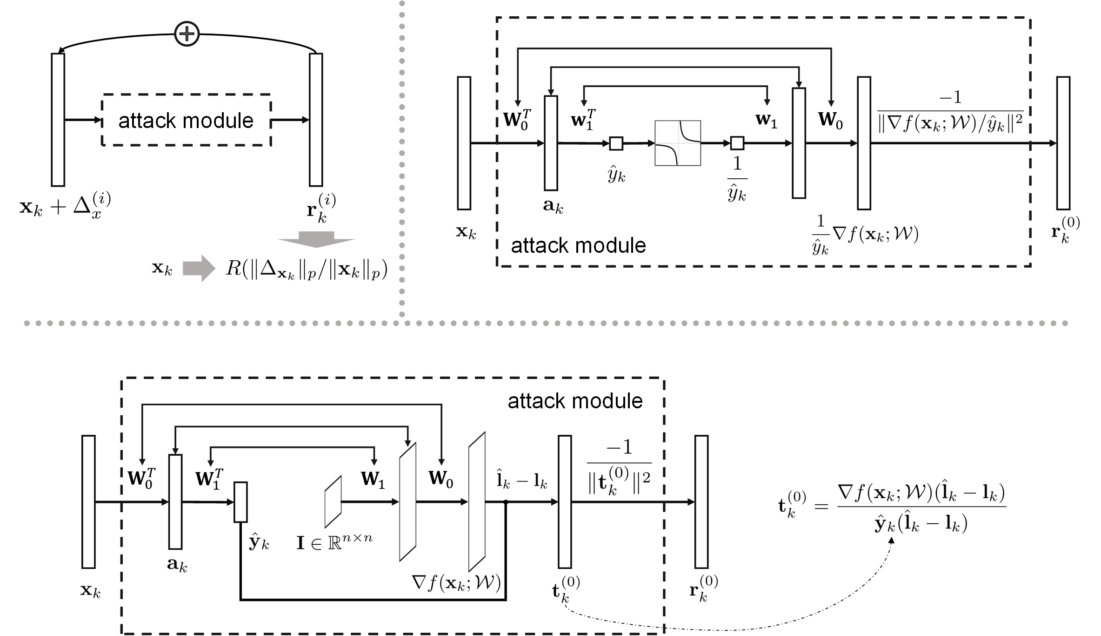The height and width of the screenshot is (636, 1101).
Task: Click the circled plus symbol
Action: tap(187, 34)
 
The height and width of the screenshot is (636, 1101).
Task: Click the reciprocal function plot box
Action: tap(678, 143)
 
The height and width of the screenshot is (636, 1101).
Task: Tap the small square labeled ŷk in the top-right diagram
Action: tap(616, 143)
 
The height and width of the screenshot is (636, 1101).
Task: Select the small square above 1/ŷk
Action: tap(737, 143)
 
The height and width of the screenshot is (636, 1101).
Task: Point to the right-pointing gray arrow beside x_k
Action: tap(199, 269)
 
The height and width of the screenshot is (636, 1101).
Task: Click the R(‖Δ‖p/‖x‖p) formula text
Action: tap(307, 269)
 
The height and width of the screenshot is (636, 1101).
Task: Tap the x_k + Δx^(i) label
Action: tap(65, 207)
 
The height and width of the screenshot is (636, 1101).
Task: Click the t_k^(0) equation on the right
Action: tap(892, 508)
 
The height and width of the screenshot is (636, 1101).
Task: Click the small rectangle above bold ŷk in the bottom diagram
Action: tap(240, 502)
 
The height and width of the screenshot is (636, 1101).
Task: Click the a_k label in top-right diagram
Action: tap(553, 206)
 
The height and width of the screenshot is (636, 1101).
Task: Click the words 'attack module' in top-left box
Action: tap(186, 121)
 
